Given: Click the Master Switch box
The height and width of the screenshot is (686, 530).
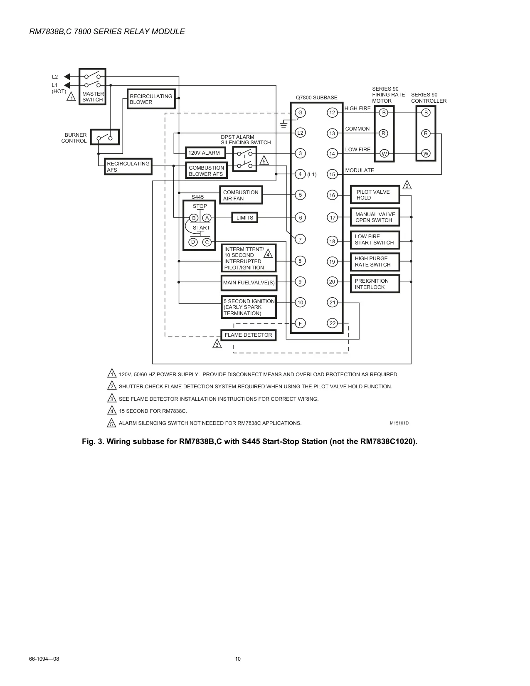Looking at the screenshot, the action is click(x=92, y=86).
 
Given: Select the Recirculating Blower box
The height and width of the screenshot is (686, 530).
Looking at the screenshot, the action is click(x=151, y=99).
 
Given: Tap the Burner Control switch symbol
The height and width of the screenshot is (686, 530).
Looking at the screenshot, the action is click(x=105, y=137).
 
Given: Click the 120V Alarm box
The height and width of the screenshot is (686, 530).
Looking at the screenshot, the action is click(x=205, y=153).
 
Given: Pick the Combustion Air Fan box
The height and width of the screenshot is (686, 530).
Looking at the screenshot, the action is click(x=241, y=195).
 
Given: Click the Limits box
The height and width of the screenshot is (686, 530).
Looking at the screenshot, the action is click(x=245, y=217).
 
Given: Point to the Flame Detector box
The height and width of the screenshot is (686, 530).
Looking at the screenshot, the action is click(x=249, y=335).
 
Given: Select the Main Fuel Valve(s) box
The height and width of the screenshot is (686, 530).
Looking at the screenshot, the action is click(x=249, y=283).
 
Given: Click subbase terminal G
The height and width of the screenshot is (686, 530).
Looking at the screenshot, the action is click(x=300, y=112).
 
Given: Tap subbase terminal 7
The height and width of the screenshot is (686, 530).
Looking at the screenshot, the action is click(x=300, y=239).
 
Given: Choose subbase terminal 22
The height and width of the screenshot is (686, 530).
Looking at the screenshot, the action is click(x=333, y=323).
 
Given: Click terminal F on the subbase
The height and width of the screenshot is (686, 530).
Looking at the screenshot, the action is click(x=300, y=323).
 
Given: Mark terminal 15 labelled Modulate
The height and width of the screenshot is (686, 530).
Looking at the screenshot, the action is click(x=332, y=174).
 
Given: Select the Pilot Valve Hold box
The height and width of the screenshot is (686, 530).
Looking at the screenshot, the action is click(x=375, y=195).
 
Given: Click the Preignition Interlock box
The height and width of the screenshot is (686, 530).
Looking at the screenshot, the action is click(x=375, y=284).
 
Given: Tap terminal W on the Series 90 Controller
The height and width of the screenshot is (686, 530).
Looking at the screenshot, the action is click(x=426, y=153).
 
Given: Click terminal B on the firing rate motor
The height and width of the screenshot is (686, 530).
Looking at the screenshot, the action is click(x=384, y=112).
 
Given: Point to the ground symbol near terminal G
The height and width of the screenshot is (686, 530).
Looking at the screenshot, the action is click(x=284, y=124).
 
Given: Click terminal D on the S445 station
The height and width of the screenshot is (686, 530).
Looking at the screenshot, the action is click(x=193, y=242).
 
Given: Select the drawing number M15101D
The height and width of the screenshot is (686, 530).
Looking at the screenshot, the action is click(x=399, y=423).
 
